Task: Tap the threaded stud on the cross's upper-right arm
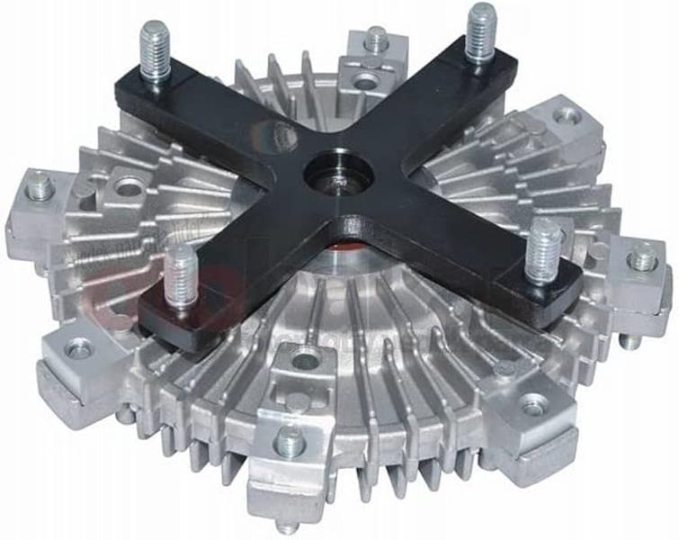(481, 31)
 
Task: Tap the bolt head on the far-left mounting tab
(40, 187)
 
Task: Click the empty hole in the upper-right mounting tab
(567, 115)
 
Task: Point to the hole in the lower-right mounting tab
(533, 408)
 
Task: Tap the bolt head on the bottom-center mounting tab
(289, 440)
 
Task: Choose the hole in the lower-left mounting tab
(79, 346)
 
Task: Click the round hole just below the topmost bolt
(365, 82)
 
